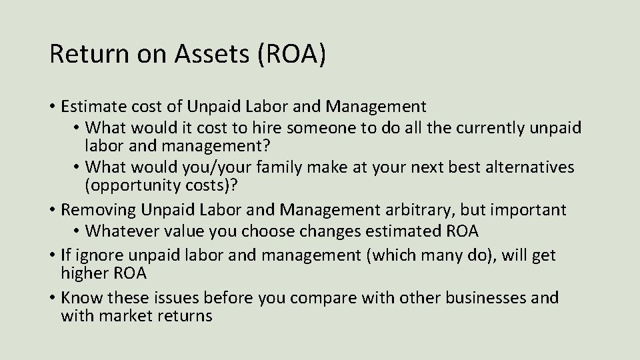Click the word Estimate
pos(90,106)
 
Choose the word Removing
pos(97,210)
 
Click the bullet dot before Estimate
pos(51,107)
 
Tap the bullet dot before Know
pos(51,298)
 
